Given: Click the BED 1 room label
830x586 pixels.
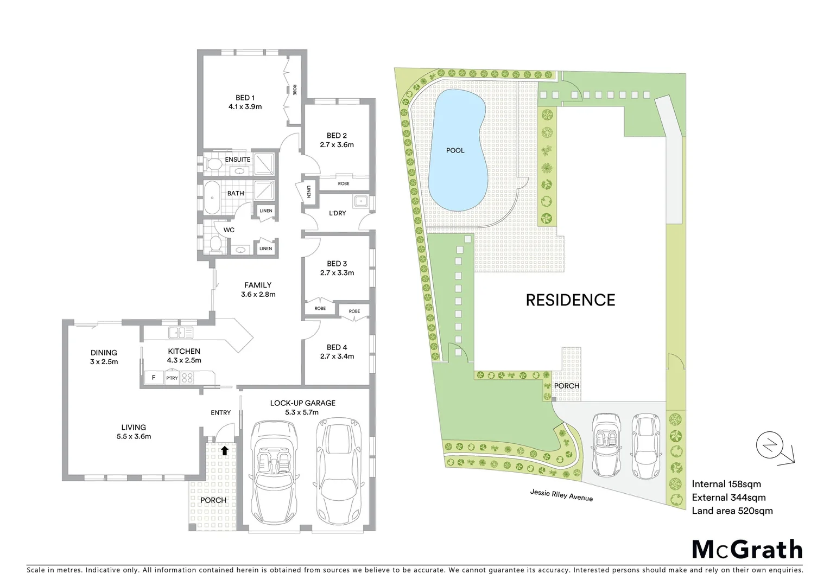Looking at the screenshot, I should [245, 98].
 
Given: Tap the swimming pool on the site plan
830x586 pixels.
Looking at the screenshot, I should [456, 150].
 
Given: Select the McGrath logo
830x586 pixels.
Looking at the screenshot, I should [747, 550].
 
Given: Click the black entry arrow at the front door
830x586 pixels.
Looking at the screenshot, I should [224, 450].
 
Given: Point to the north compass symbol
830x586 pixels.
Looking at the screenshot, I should [771, 447].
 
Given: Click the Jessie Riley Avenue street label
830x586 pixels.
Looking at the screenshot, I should [561, 495].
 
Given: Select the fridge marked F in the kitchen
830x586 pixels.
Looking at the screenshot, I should [154, 378].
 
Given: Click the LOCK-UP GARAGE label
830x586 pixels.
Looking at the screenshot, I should [303, 403].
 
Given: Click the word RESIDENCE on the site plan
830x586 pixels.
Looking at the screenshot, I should [571, 300].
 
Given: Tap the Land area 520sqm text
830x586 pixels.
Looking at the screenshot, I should [732, 511].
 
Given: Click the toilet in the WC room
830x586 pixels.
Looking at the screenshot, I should [214, 244].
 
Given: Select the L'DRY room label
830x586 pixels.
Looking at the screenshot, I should [337, 213].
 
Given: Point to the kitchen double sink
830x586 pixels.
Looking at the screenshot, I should [181, 333].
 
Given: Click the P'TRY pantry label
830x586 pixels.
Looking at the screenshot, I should [172, 378].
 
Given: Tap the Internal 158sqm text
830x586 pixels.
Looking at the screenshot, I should [726, 484].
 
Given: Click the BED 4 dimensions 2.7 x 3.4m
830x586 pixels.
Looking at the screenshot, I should [337, 356].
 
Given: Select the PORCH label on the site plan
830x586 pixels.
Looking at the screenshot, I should [566, 386].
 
